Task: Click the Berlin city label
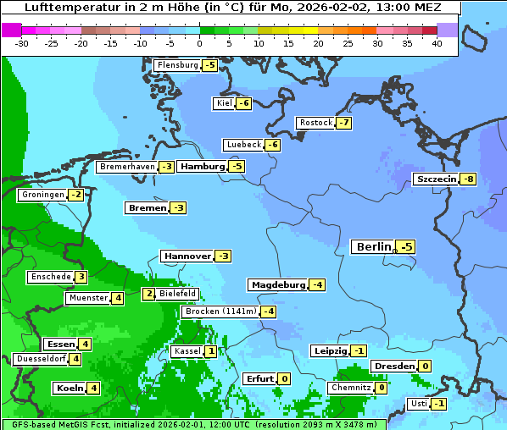373,247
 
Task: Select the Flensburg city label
176,65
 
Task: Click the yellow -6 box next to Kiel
243,103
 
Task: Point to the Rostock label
315,123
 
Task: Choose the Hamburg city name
202,167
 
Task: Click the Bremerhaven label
126,167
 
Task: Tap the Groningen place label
42,195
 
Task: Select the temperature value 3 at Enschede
81,277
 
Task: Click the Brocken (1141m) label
219,311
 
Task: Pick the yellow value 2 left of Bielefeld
148,294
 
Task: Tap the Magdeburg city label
277,284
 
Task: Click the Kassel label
186,351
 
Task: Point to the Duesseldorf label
40,359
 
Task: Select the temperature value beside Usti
438,404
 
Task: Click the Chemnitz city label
350,388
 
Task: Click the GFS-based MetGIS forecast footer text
192,424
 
